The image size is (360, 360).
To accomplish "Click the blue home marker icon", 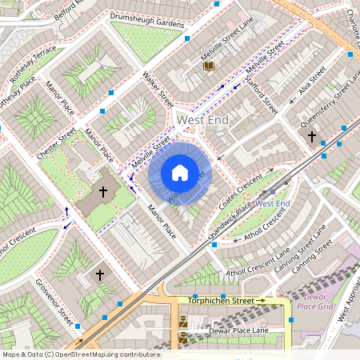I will pyautogui.click(x=180, y=173).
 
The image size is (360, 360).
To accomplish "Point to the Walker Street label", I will pyautogui.click(x=158, y=90).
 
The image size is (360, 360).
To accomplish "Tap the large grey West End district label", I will pyautogui.click(x=202, y=119).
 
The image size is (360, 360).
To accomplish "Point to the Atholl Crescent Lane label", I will pyautogui.click(x=258, y=263).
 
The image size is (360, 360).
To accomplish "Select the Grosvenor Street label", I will pyautogui.click(x=55, y=303).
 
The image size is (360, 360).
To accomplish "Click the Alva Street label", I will pyautogui.click(x=312, y=82).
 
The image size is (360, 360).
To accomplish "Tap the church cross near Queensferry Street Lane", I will pyautogui.click(x=312, y=137).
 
